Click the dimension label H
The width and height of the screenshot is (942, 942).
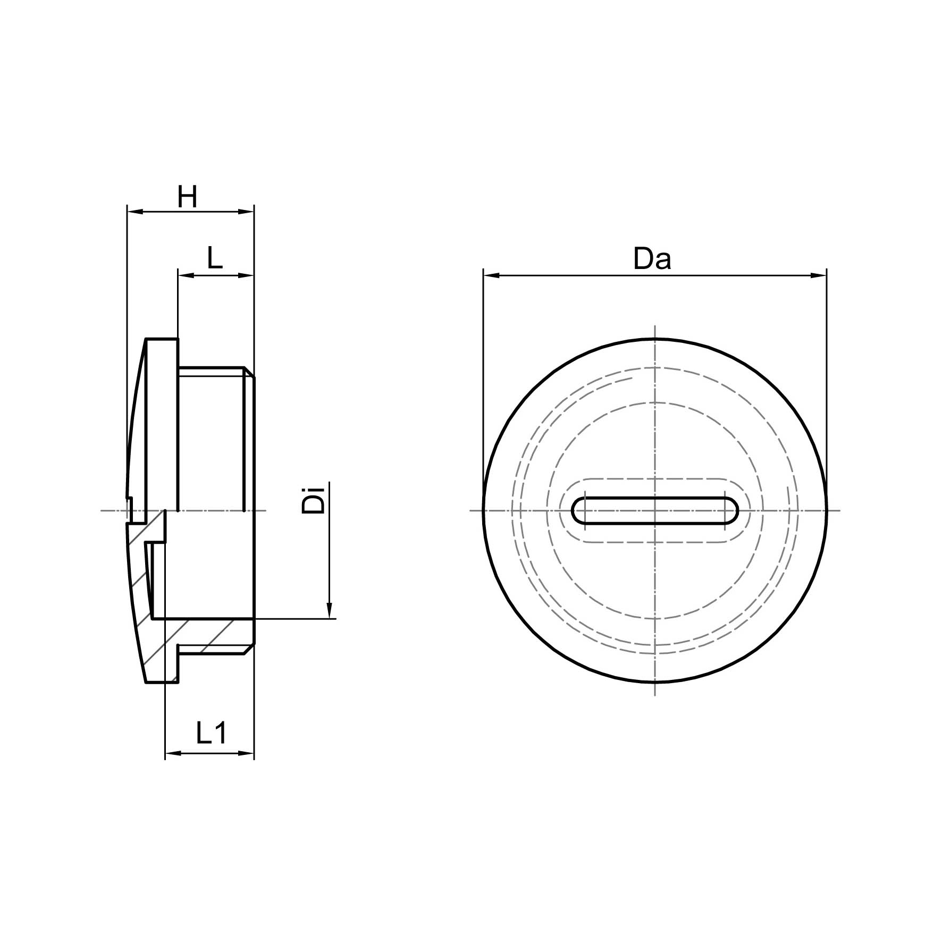click(188, 197)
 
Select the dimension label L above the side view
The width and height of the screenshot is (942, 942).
click(215, 259)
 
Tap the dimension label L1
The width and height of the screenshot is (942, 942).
click(212, 733)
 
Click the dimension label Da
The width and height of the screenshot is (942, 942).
click(652, 259)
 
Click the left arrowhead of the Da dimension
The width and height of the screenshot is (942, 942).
click(491, 275)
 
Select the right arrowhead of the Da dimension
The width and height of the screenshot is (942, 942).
click(819, 275)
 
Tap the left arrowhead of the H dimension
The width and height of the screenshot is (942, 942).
click(135, 212)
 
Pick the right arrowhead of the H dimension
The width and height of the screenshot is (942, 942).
click(246, 212)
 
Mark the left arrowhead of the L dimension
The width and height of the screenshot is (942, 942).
click(186, 275)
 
